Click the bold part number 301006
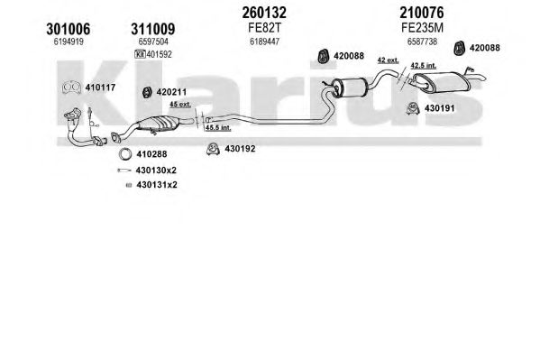click(69, 29)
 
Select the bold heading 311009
click(153, 29)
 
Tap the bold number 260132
click(264, 13)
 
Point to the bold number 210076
click(422, 13)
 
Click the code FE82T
click(264, 28)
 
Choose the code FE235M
click(422, 28)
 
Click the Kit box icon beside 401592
click(140, 54)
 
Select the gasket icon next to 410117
click(71, 88)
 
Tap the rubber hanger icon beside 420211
click(147, 92)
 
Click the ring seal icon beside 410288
click(125, 153)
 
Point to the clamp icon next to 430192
click(213, 149)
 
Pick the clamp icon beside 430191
click(412, 108)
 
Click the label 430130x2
click(156, 171)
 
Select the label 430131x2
click(157, 185)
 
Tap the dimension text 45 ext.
click(180, 104)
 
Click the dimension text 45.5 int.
click(218, 127)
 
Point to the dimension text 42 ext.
click(389, 60)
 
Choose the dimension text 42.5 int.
click(423, 65)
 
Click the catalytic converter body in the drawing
click(158, 124)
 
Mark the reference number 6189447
click(264, 42)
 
